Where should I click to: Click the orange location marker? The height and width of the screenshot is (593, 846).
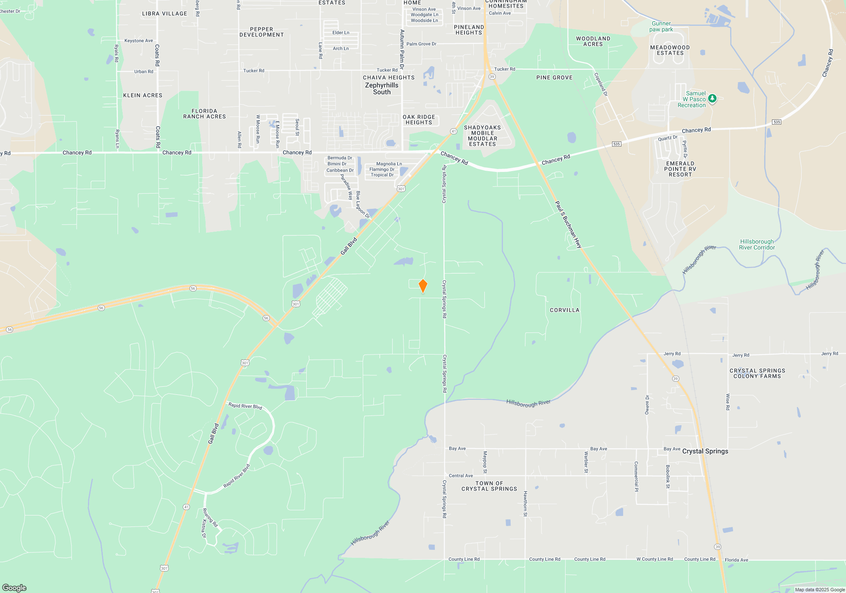click(x=423, y=286)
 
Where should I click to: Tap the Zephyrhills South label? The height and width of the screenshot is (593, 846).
click(x=382, y=89)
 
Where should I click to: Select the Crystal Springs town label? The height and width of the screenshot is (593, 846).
click(x=705, y=451)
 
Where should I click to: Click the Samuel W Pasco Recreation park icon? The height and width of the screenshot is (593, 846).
click(x=712, y=99)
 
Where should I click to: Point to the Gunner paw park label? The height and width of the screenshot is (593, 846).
click(x=661, y=27)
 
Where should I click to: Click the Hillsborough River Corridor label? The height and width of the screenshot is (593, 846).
click(x=757, y=244)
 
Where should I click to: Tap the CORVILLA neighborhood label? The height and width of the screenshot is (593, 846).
click(x=564, y=310)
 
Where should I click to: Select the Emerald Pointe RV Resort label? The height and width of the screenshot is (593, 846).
click(x=680, y=169)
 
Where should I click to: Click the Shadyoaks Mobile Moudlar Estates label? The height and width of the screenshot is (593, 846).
click(x=482, y=136)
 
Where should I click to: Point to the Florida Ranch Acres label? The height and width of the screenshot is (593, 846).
click(x=204, y=114)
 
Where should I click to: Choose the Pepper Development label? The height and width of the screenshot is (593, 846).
click(x=261, y=32)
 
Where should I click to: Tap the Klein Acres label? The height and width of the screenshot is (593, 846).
click(x=143, y=95)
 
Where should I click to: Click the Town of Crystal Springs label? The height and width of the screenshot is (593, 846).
click(x=489, y=486)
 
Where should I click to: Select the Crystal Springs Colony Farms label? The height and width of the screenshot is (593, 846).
click(x=757, y=373)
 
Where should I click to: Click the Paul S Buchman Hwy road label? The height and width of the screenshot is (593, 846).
click(x=568, y=224)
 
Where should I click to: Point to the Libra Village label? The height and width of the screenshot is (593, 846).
click(x=165, y=14)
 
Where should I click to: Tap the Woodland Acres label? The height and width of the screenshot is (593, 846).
click(x=593, y=41)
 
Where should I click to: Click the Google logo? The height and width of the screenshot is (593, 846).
click(x=14, y=587)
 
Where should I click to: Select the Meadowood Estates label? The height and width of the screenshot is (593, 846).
click(x=670, y=50)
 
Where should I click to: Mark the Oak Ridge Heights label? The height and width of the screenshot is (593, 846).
click(x=419, y=119)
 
